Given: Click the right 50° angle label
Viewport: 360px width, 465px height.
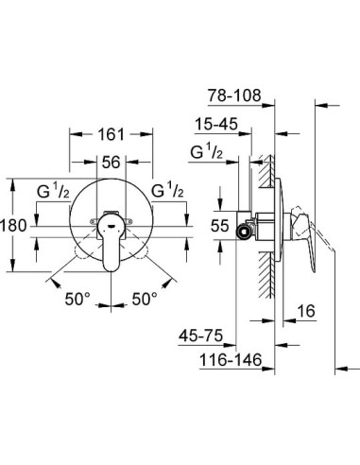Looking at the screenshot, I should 145,300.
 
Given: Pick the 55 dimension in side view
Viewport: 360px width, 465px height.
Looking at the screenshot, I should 219,226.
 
